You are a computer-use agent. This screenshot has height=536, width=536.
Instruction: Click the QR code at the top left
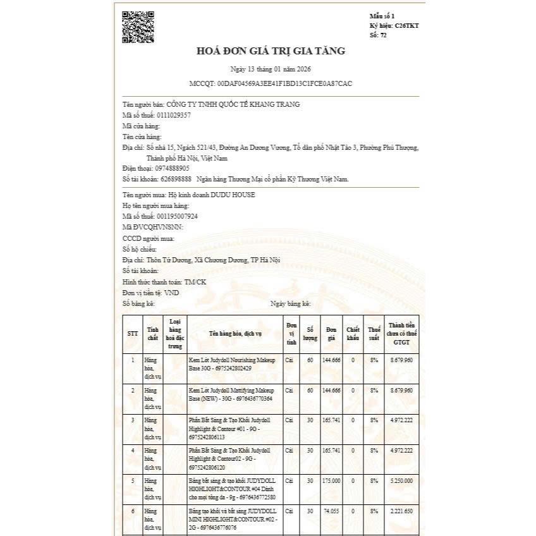pyautogui.click(x=137, y=27)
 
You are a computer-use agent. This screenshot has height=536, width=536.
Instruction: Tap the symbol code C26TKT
pyautogui.click(x=407, y=25)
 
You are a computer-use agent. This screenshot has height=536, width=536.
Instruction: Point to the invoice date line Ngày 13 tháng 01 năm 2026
pyautogui.click(x=270, y=69)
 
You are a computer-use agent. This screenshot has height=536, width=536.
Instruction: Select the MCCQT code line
pyautogui.click(x=271, y=83)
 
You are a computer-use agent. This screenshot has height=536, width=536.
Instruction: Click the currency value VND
pyautogui.click(x=171, y=293)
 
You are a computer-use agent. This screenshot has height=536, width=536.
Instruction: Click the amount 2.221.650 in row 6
pyautogui.click(x=401, y=511)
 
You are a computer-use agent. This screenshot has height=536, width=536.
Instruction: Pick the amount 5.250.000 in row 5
pyautogui.click(x=401, y=481)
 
